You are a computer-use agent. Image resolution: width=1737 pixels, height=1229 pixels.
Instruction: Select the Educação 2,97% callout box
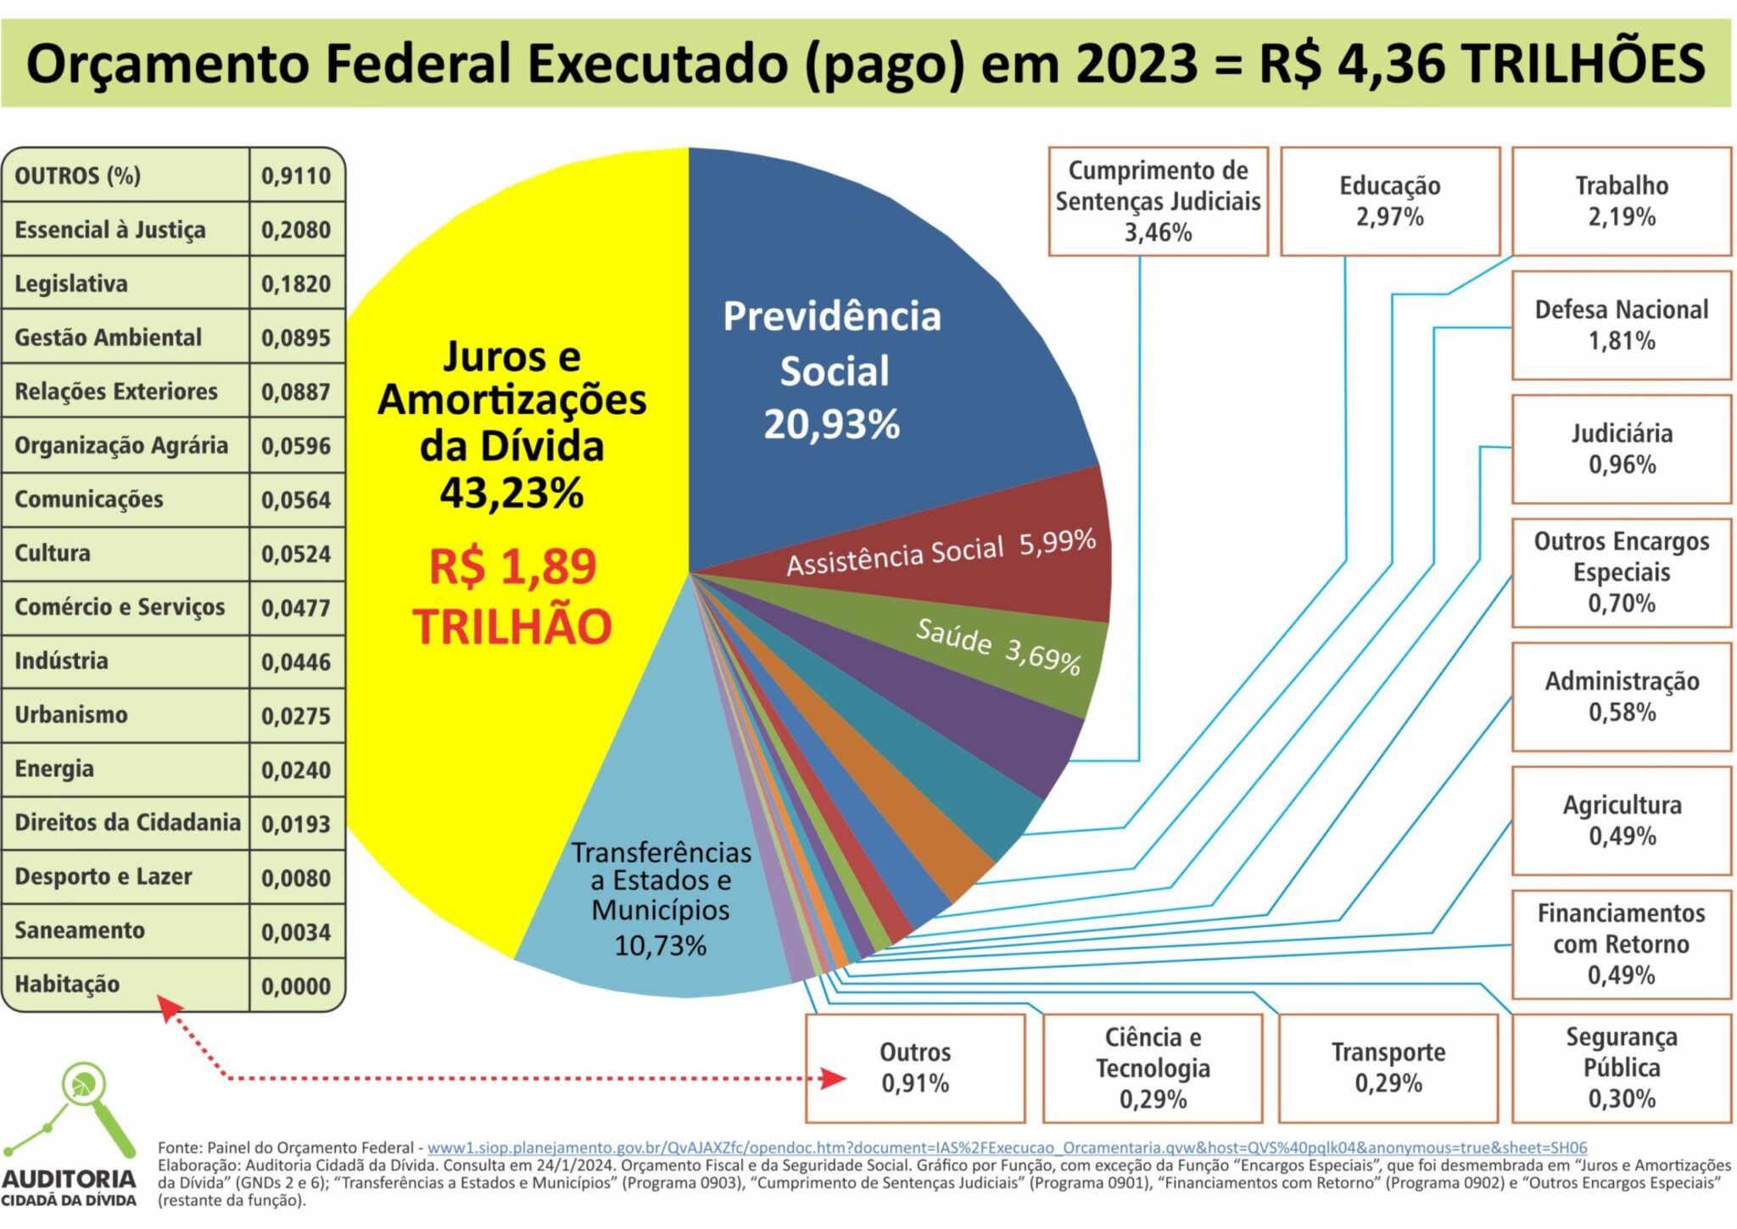pos(1389,201)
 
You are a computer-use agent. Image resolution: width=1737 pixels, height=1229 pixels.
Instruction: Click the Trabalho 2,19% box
pos(1621,201)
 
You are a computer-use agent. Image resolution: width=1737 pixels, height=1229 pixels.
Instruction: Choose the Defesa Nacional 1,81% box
pos(1621,325)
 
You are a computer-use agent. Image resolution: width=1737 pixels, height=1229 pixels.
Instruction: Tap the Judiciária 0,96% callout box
pos(1621,449)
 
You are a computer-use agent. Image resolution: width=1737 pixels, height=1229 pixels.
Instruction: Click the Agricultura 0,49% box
pos(1621,820)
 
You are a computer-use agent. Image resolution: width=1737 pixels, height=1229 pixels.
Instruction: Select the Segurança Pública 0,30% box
pos(1621,1068)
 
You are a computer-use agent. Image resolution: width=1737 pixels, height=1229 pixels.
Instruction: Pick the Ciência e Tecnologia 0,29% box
pos(1152,1068)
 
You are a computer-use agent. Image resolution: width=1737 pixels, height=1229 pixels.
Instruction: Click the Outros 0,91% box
pos(914,1068)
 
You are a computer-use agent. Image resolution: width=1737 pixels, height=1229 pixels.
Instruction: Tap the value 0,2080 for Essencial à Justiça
pos(296,230)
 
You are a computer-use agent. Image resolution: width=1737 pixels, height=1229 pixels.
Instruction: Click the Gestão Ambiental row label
pos(109,338)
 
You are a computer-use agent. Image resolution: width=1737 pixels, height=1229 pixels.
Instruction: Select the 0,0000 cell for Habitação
pos(296,986)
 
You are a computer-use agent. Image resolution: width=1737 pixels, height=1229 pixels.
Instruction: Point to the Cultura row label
pos(53,553)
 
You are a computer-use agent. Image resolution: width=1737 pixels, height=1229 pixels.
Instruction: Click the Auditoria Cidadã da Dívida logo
pos(70,1137)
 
